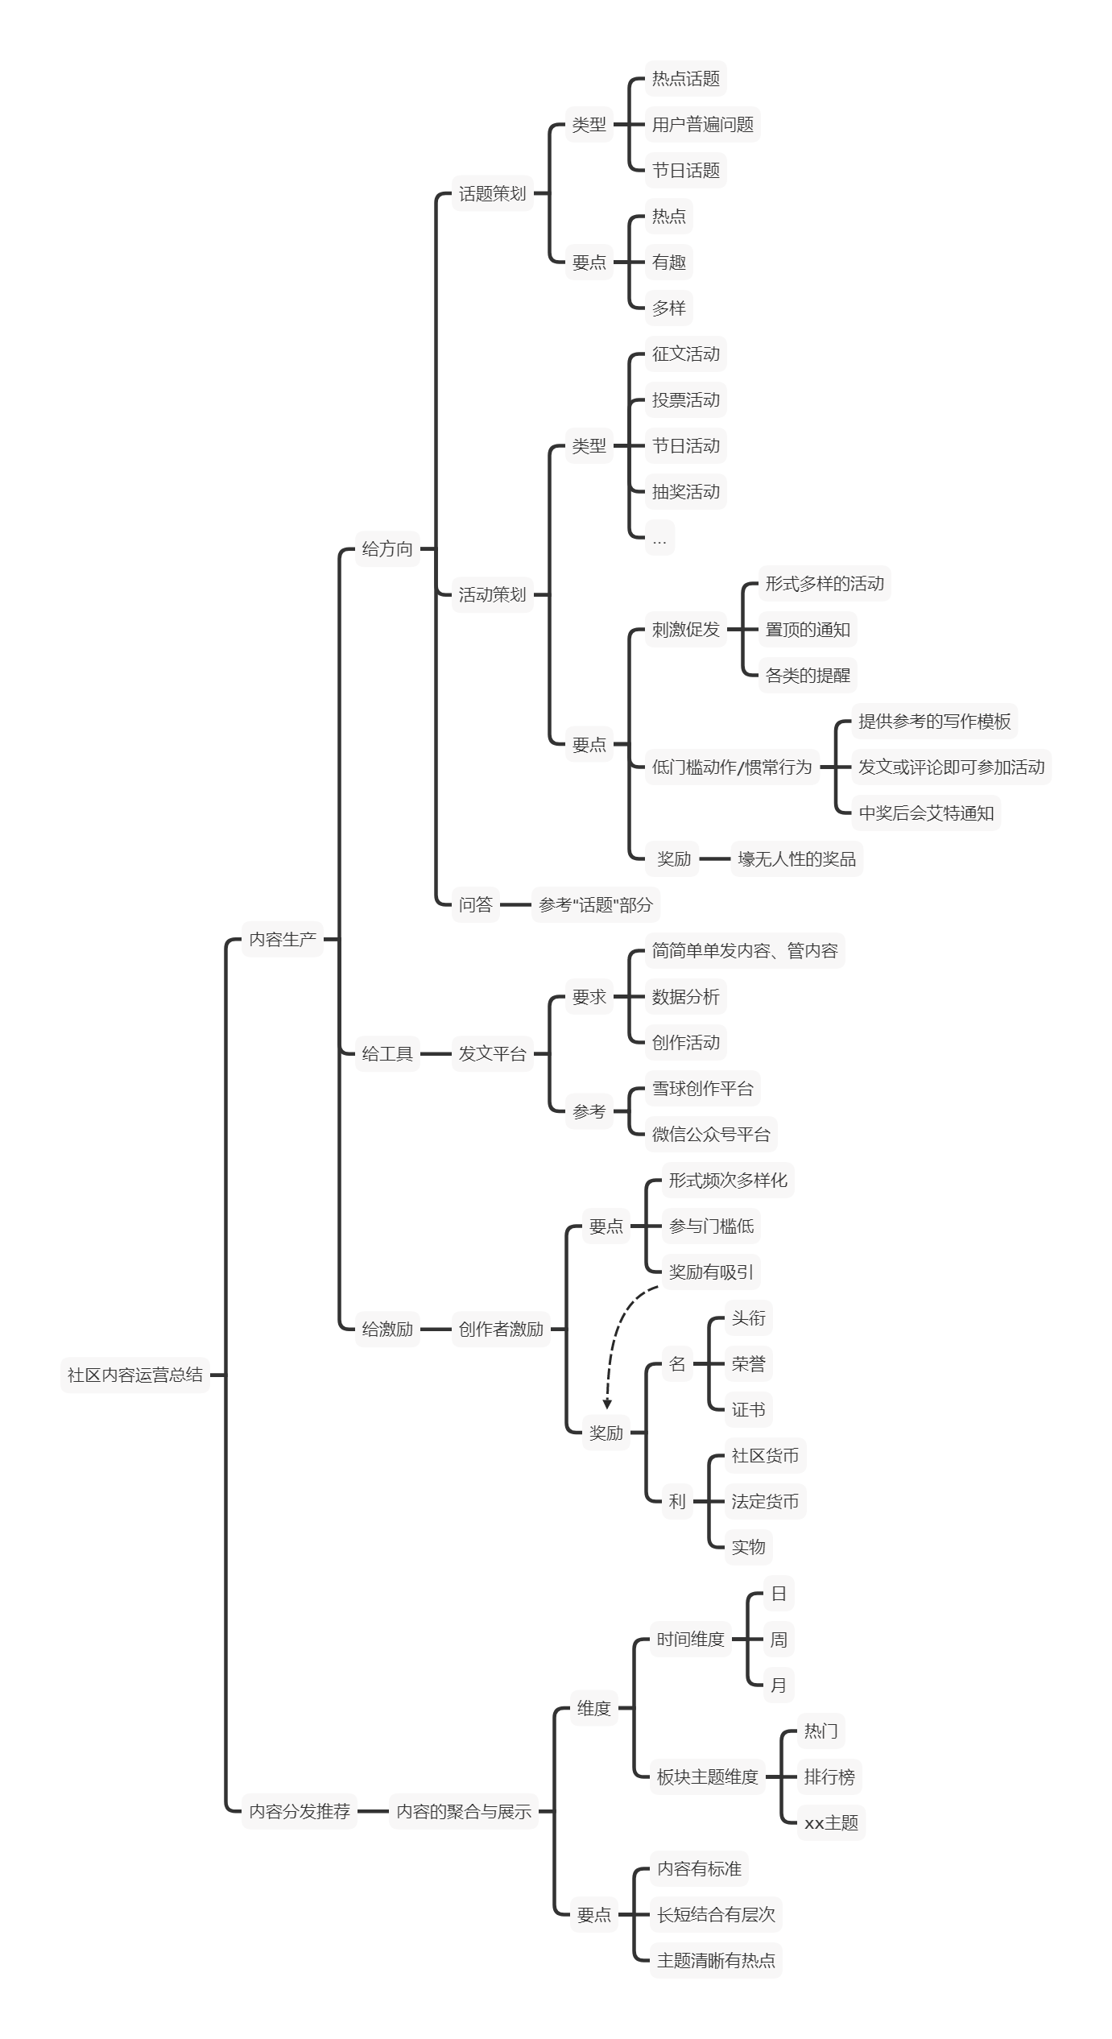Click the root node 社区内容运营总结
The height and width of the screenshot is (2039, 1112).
point(134,1375)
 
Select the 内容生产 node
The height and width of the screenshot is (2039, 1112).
point(283,939)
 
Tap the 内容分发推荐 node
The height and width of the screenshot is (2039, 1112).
point(300,1811)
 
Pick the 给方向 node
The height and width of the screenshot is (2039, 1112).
point(387,548)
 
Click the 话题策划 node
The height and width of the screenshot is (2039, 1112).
point(492,193)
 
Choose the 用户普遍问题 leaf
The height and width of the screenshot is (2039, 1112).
point(702,125)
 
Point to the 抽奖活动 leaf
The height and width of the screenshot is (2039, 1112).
point(685,492)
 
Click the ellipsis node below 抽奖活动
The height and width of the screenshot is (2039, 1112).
point(659,538)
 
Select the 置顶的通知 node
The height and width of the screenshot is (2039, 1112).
point(808,630)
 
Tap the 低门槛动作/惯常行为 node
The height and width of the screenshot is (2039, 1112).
point(732,767)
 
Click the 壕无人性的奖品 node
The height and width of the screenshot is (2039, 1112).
point(796,859)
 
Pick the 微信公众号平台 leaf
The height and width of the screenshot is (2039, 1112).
point(711,1135)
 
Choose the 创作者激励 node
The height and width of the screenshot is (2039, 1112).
point(501,1329)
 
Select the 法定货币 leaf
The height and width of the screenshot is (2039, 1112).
point(765,1501)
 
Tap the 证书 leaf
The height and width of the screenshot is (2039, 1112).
point(748,1409)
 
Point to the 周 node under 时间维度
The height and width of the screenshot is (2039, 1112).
point(779,1639)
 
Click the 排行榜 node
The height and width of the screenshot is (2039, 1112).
point(829,1776)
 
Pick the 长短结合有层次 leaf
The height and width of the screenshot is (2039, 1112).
point(716,1914)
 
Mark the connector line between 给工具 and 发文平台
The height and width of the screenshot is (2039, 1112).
point(436,1053)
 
